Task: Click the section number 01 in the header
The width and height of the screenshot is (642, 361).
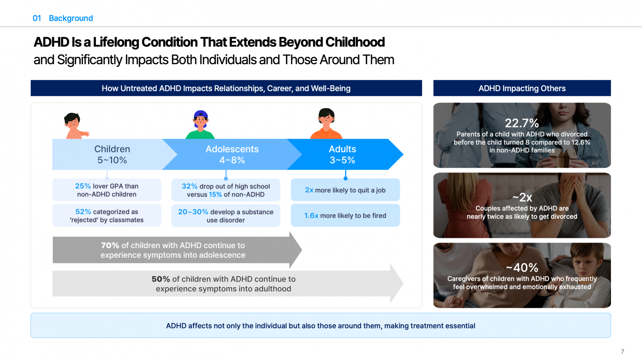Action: click(37, 18)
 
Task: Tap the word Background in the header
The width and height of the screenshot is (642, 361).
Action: click(71, 18)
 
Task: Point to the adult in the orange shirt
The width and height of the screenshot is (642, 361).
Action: click(326, 123)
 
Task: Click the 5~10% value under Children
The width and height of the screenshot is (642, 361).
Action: click(112, 160)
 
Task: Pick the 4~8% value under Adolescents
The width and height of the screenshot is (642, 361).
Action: click(232, 160)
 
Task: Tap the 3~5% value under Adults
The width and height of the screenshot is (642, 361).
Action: click(342, 160)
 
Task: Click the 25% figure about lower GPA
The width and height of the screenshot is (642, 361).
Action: click(83, 186)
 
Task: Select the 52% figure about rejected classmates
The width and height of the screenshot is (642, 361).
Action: click(83, 212)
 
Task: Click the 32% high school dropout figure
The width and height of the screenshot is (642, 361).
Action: click(189, 186)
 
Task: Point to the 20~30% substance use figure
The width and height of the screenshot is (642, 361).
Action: click(193, 212)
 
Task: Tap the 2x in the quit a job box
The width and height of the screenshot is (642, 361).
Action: click(309, 190)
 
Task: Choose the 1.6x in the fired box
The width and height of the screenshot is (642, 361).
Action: click(311, 216)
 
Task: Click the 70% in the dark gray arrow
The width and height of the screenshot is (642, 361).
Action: click(110, 245)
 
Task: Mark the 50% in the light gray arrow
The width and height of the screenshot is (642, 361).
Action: click(161, 279)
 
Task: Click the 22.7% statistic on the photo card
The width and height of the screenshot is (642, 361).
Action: click(522, 123)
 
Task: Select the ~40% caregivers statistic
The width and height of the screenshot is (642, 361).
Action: click(522, 267)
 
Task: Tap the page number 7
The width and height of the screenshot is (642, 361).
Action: click(622, 351)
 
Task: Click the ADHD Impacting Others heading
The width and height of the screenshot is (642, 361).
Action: click(522, 88)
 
